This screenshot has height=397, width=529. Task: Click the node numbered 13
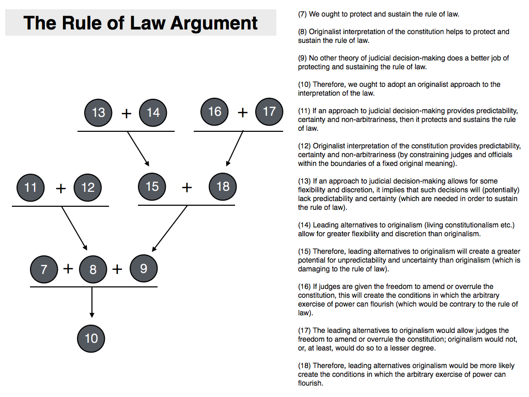[x=98, y=113]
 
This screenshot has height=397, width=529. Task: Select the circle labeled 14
[x=153, y=113]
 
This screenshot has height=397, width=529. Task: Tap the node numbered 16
[x=214, y=112]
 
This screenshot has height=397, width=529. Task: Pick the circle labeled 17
[x=269, y=112]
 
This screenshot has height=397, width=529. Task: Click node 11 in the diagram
[x=30, y=187]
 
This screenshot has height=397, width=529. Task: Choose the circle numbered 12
[x=88, y=187]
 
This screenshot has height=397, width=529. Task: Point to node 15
[x=152, y=186]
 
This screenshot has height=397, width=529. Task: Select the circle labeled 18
[x=223, y=186]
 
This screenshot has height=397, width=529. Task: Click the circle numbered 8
[x=93, y=269]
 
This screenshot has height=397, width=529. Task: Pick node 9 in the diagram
[x=144, y=268]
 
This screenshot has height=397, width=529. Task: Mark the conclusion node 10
[x=91, y=339]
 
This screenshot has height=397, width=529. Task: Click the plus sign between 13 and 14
[x=126, y=113]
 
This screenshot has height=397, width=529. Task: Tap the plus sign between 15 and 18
[x=187, y=187]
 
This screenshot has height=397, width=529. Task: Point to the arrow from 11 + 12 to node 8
[x=74, y=227]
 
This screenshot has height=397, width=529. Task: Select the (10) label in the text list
[x=304, y=84]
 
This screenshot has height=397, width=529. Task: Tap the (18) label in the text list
[x=304, y=365]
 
